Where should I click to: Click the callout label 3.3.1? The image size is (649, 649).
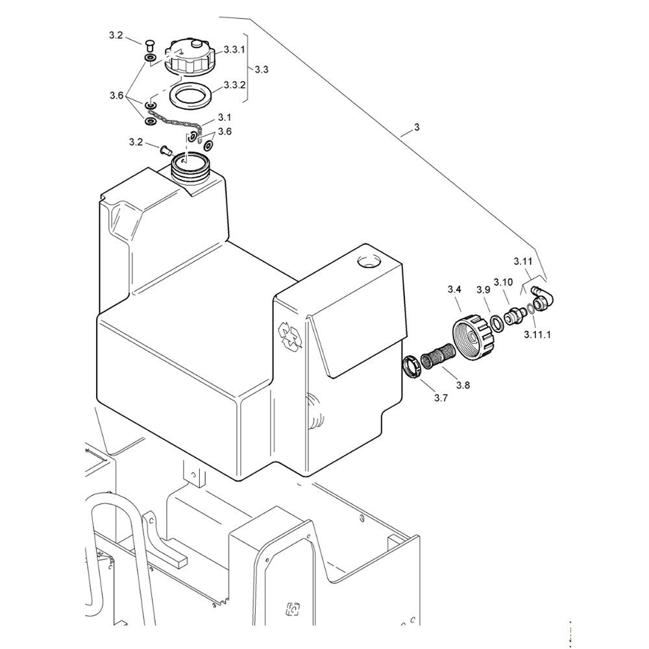pyautogui.click(x=234, y=49)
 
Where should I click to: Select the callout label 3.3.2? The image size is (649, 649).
pyautogui.click(x=234, y=85)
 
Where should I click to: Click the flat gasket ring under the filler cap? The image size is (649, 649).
pyautogui.click(x=190, y=95)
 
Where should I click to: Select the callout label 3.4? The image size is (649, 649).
pyautogui.click(x=454, y=289)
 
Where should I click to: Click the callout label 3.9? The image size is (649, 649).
pyautogui.click(x=483, y=289)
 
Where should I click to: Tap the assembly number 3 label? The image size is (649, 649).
pyautogui.click(x=416, y=128)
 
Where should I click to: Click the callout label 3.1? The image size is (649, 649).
pyautogui.click(x=225, y=117)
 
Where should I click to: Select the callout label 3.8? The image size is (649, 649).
pyautogui.click(x=463, y=386)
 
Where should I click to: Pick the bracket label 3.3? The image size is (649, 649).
pyautogui.click(x=262, y=69)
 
